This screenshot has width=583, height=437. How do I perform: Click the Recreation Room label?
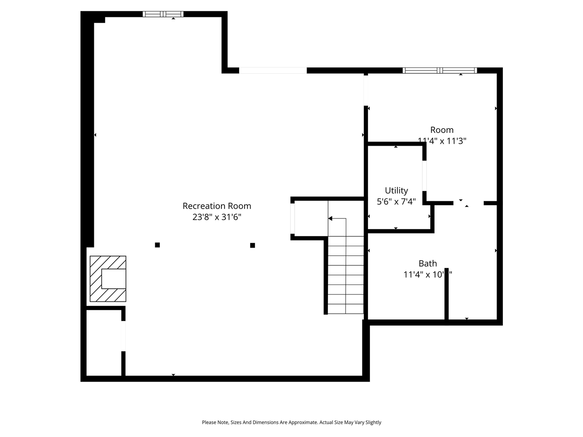pyautogui.click(x=217, y=206)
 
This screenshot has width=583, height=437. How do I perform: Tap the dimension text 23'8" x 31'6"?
pyautogui.click(x=217, y=217)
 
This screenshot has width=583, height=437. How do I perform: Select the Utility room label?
pyautogui.click(x=396, y=191)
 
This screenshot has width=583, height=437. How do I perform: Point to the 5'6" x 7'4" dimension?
pyautogui.click(x=396, y=202)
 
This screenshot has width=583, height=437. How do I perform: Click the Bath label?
pyautogui.click(x=428, y=264)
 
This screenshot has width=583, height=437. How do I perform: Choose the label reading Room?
pyautogui.click(x=442, y=130)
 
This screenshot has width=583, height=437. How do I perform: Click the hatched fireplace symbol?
pyautogui.click(x=108, y=279)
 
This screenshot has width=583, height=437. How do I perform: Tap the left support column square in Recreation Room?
pyautogui.click(x=158, y=245)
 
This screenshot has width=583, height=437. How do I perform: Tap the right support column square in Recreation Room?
pyautogui.click(x=253, y=245)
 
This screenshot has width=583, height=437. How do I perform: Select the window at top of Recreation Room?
pyautogui.click(x=163, y=14)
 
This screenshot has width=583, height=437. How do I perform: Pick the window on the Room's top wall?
pyautogui.click(x=440, y=71)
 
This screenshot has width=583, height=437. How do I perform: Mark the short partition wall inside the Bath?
pyautogui.click(x=447, y=294)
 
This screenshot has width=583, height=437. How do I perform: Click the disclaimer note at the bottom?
pyautogui.click(x=291, y=422)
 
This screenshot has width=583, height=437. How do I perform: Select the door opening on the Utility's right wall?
pyautogui.click(x=424, y=176)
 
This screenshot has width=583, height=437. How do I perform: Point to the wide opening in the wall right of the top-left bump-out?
pyautogui.click(x=273, y=71)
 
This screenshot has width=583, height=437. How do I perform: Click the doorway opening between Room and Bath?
pyautogui.click(x=468, y=203)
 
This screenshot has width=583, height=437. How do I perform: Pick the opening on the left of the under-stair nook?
pyautogui.click(x=292, y=218)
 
